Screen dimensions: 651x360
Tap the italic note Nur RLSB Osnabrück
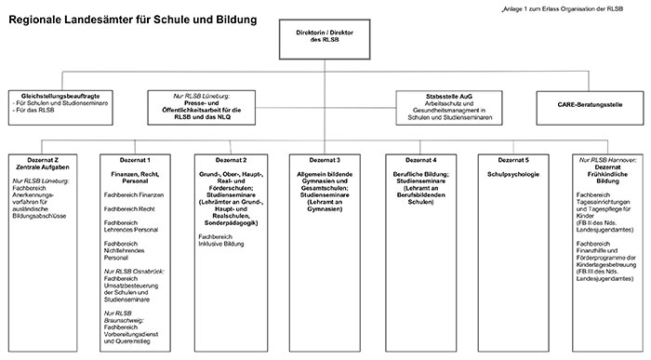coord(135,270)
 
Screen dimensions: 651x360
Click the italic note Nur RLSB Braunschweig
coord(128,316)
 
